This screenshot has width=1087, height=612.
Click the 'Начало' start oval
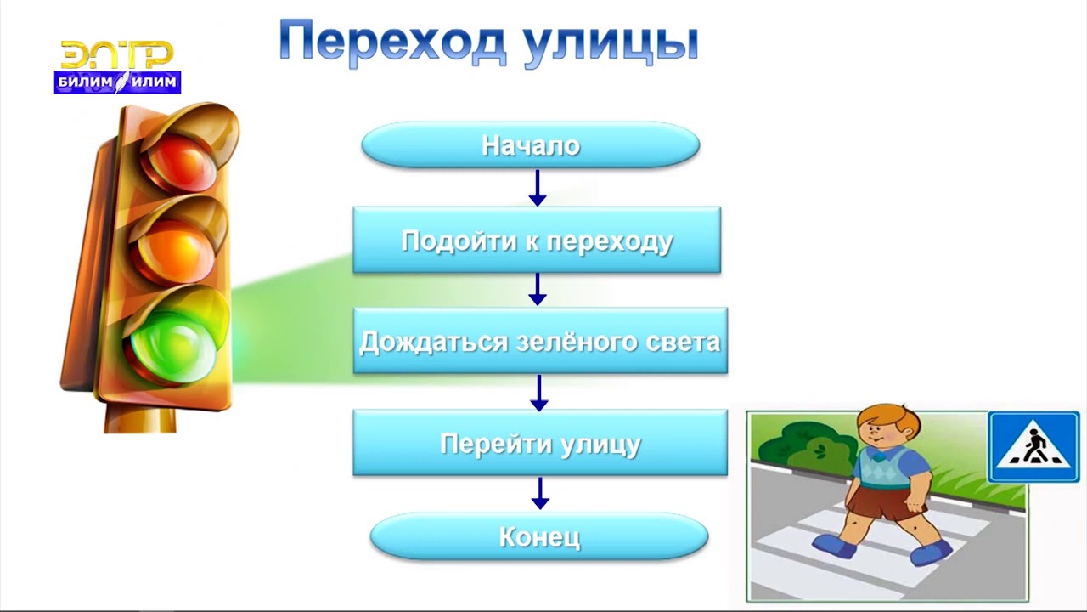[531, 145]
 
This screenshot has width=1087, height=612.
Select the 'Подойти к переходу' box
[537, 241]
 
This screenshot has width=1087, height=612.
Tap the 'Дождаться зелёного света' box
[540, 341]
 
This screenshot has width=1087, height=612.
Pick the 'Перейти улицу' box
[540, 443]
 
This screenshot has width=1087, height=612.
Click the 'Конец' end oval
[539, 536]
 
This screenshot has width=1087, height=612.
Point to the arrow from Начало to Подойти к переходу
[537, 188]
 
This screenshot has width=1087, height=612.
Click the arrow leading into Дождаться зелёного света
[537, 289]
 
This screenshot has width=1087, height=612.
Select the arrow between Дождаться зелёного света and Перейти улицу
[538, 392]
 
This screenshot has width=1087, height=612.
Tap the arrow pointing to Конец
[539, 493]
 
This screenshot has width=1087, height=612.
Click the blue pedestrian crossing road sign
[1033, 446]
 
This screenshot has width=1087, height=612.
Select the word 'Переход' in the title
[391, 43]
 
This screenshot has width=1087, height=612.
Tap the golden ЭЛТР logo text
[117, 55]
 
